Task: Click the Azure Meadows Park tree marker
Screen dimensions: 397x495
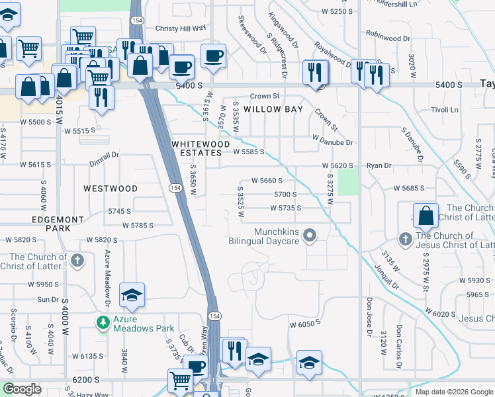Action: coord(103,322)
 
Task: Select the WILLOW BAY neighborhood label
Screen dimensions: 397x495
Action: coord(273,109)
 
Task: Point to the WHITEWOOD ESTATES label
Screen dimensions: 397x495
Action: coord(201,148)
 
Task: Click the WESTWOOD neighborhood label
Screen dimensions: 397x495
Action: coord(111,189)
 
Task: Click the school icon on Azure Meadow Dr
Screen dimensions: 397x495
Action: coord(132,295)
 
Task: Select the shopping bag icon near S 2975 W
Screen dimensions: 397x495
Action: coord(427,215)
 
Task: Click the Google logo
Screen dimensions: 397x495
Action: coord(22,389)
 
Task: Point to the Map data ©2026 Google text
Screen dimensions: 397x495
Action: coord(453,392)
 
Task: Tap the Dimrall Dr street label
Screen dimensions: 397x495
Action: coord(104,154)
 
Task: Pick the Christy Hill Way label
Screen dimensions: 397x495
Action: coord(181,28)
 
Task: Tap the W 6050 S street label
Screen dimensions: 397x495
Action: coord(304,324)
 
